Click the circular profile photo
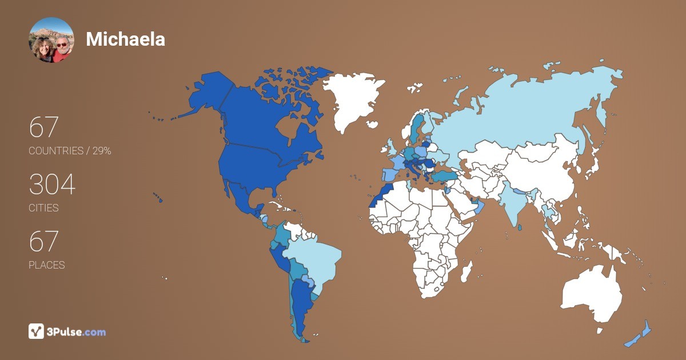(x=51, y=39)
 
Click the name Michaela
(x=125, y=39)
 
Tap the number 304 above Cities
(x=52, y=185)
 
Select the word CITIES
(x=43, y=208)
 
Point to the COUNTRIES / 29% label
(x=70, y=151)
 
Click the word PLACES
(x=46, y=265)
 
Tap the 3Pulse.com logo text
(x=77, y=331)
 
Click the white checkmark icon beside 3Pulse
(x=36, y=331)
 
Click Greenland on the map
(x=352, y=97)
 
